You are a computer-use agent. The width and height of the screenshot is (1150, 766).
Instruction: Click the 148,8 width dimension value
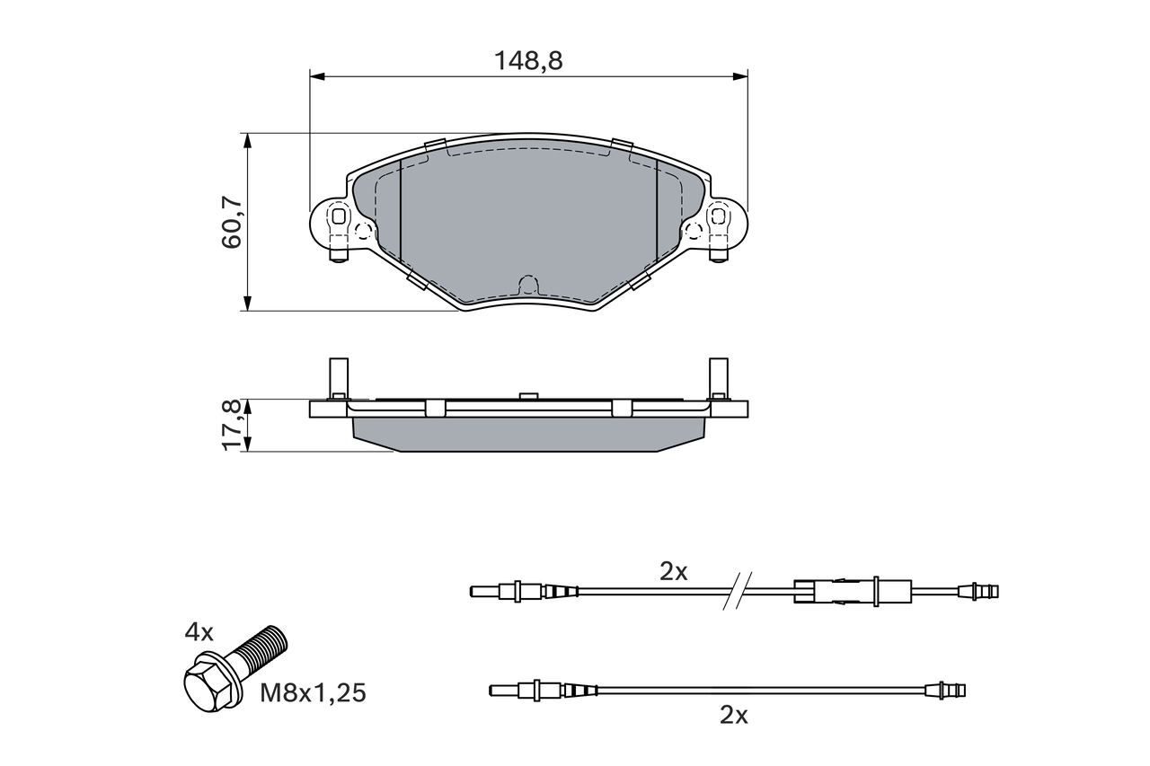528,61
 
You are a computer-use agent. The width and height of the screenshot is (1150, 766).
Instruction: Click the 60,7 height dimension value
232,223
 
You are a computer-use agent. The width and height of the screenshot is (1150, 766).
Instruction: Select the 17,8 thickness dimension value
232,426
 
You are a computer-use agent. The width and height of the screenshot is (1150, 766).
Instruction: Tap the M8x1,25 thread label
314,692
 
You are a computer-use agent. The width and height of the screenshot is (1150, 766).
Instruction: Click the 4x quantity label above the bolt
199,632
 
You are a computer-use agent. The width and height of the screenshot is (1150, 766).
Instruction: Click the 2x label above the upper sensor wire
673,571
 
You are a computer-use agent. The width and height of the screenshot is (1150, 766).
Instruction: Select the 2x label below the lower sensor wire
734,715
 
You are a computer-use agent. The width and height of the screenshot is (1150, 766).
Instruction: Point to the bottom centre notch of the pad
528,286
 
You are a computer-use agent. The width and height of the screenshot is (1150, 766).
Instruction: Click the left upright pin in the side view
339,377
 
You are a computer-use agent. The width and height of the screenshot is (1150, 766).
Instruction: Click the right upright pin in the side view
719,377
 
